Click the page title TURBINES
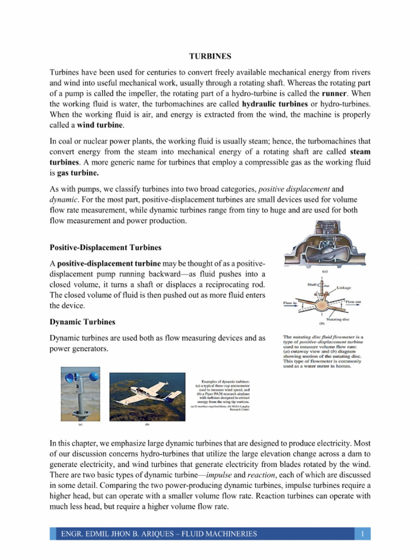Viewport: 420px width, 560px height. (210, 56)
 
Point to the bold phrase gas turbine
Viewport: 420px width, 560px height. (78, 173)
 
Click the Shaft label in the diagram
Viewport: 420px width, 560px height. (313, 284)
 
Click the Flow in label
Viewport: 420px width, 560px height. (290, 302)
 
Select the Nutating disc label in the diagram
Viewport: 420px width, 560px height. (337, 319)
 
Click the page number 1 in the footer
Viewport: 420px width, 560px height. (363, 534)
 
